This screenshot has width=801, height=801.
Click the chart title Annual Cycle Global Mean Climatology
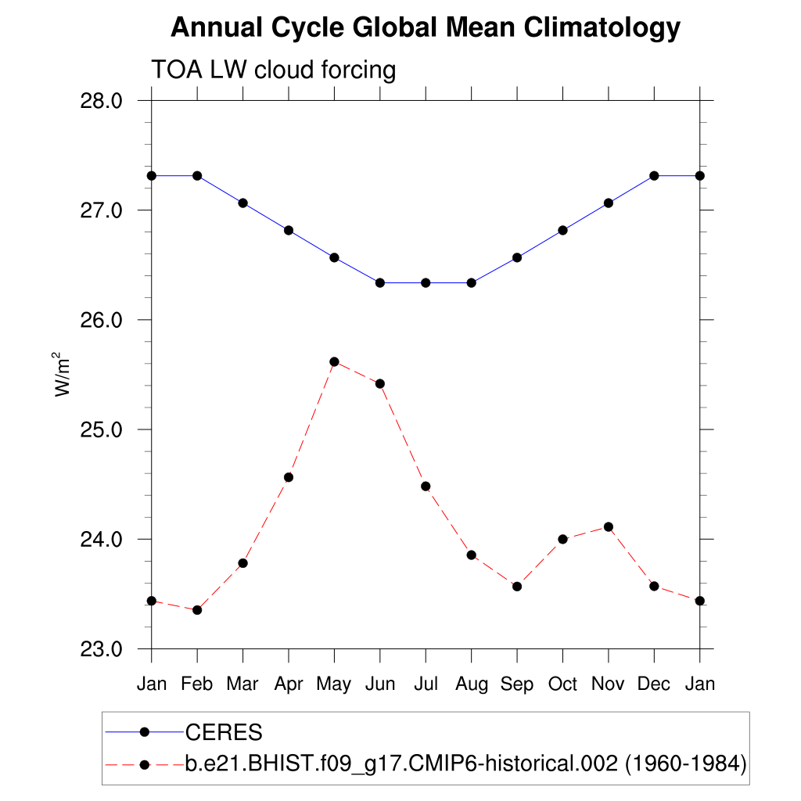pyautogui.click(x=425, y=29)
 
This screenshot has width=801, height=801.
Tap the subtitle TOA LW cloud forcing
pyautogui.click(x=274, y=70)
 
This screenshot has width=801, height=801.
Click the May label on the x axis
pyautogui.click(x=334, y=684)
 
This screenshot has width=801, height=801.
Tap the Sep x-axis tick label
pyautogui.click(x=517, y=684)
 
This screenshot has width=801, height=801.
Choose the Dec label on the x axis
pyautogui.click(x=654, y=684)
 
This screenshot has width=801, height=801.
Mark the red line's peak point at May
pyautogui.click(x=334, y=361)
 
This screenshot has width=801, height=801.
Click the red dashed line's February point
pyautogui.click(x=197, y=610)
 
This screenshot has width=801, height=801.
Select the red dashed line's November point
pyautogui.click(x=609, y=527)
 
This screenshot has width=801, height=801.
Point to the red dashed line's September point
pyautogui.click(x=517, y=586)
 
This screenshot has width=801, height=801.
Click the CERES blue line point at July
pyautogui.click(x=426, y=282)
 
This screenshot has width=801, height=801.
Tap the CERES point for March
pyautogui.click(x=242, y=203)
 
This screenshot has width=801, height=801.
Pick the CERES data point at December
pyautogui.click(x=654, y=175)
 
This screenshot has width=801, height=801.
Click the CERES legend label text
pyautogui.click(x=224, y=733)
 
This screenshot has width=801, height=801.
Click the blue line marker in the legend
pyautogui.click(x=144, y=732)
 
